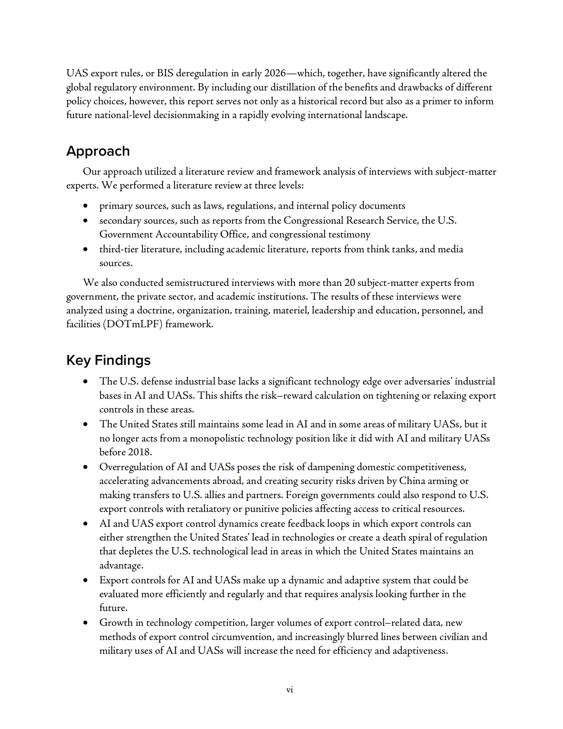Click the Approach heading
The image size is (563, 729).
coord(98,151)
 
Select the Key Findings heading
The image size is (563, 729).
coord(108,360)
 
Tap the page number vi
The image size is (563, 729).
coord(289,689)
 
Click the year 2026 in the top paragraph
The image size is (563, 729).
coord(275,73)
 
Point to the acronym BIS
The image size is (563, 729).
coord(165,73)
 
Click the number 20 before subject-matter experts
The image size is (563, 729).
coord(349,282)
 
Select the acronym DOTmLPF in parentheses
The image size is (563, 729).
coord(132,324)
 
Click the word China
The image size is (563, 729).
coord(412,481)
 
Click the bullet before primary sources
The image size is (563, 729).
coord(85,206)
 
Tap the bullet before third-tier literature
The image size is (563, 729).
coord(85,249)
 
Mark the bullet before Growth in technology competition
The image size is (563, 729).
coord(85,623)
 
